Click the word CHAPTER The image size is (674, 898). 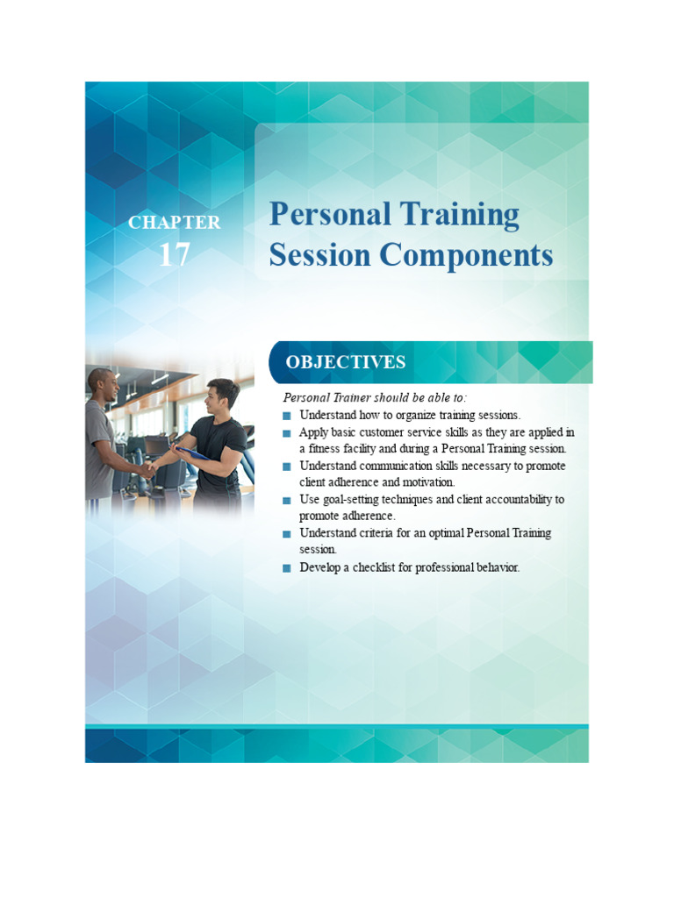click(174, 223)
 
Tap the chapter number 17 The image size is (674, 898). click(174, 254)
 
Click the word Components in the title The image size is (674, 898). click(467, 256)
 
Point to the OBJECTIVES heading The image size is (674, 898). click(345, 362)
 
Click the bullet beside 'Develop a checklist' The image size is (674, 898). click(286, 568)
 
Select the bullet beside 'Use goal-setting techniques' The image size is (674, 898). click(286, 500)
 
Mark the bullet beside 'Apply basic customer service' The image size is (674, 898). click(286, 433)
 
